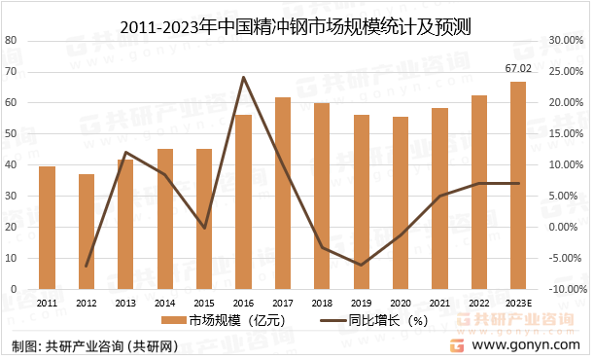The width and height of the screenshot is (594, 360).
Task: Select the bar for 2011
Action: (47, 228)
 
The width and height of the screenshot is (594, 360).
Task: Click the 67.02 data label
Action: (518, 69)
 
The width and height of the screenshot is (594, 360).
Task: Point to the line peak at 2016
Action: (243, 78)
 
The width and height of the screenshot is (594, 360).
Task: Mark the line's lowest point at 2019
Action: (361, 265)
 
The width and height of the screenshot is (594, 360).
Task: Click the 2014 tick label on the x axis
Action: (164, 303)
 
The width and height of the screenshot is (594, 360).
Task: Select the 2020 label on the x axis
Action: (401, 303)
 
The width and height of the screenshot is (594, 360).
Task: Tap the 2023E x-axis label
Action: (519, 303)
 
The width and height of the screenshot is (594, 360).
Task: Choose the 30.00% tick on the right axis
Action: (564, 41)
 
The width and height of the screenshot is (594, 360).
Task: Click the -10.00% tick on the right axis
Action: (564, 290)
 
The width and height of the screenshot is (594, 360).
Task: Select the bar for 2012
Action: (87, 232)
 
